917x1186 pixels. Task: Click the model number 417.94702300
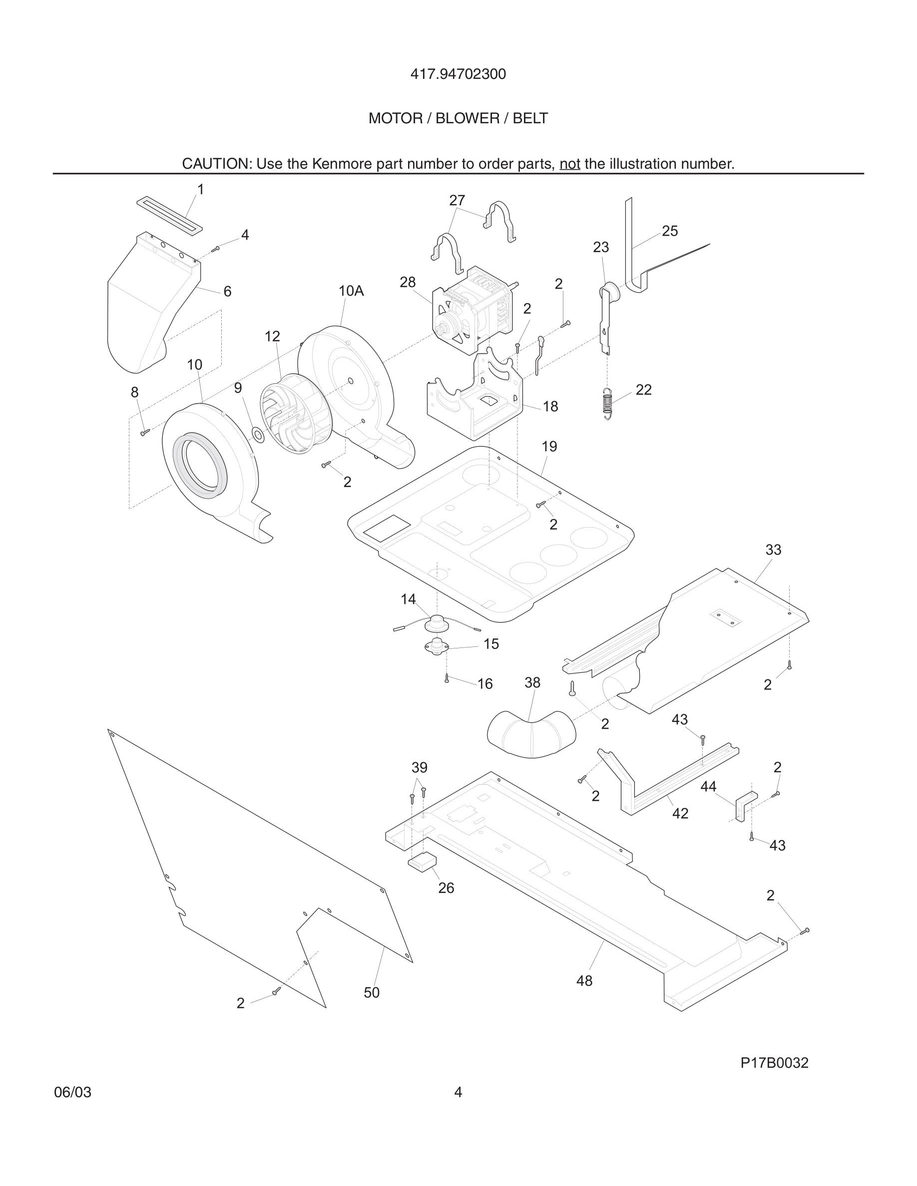458,74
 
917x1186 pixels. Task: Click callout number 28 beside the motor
408,282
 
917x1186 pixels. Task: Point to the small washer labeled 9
258,434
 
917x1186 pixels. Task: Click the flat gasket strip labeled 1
168,216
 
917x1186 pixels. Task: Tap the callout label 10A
351,291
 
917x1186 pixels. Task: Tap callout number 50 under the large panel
372,992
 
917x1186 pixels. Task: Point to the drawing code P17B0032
774,1063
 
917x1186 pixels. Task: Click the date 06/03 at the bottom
72,1092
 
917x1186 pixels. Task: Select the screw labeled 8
144,432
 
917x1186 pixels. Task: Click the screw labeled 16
447,678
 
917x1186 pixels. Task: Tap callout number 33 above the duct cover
773,550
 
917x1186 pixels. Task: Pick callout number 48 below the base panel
584,980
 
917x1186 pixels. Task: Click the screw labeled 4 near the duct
216,248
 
